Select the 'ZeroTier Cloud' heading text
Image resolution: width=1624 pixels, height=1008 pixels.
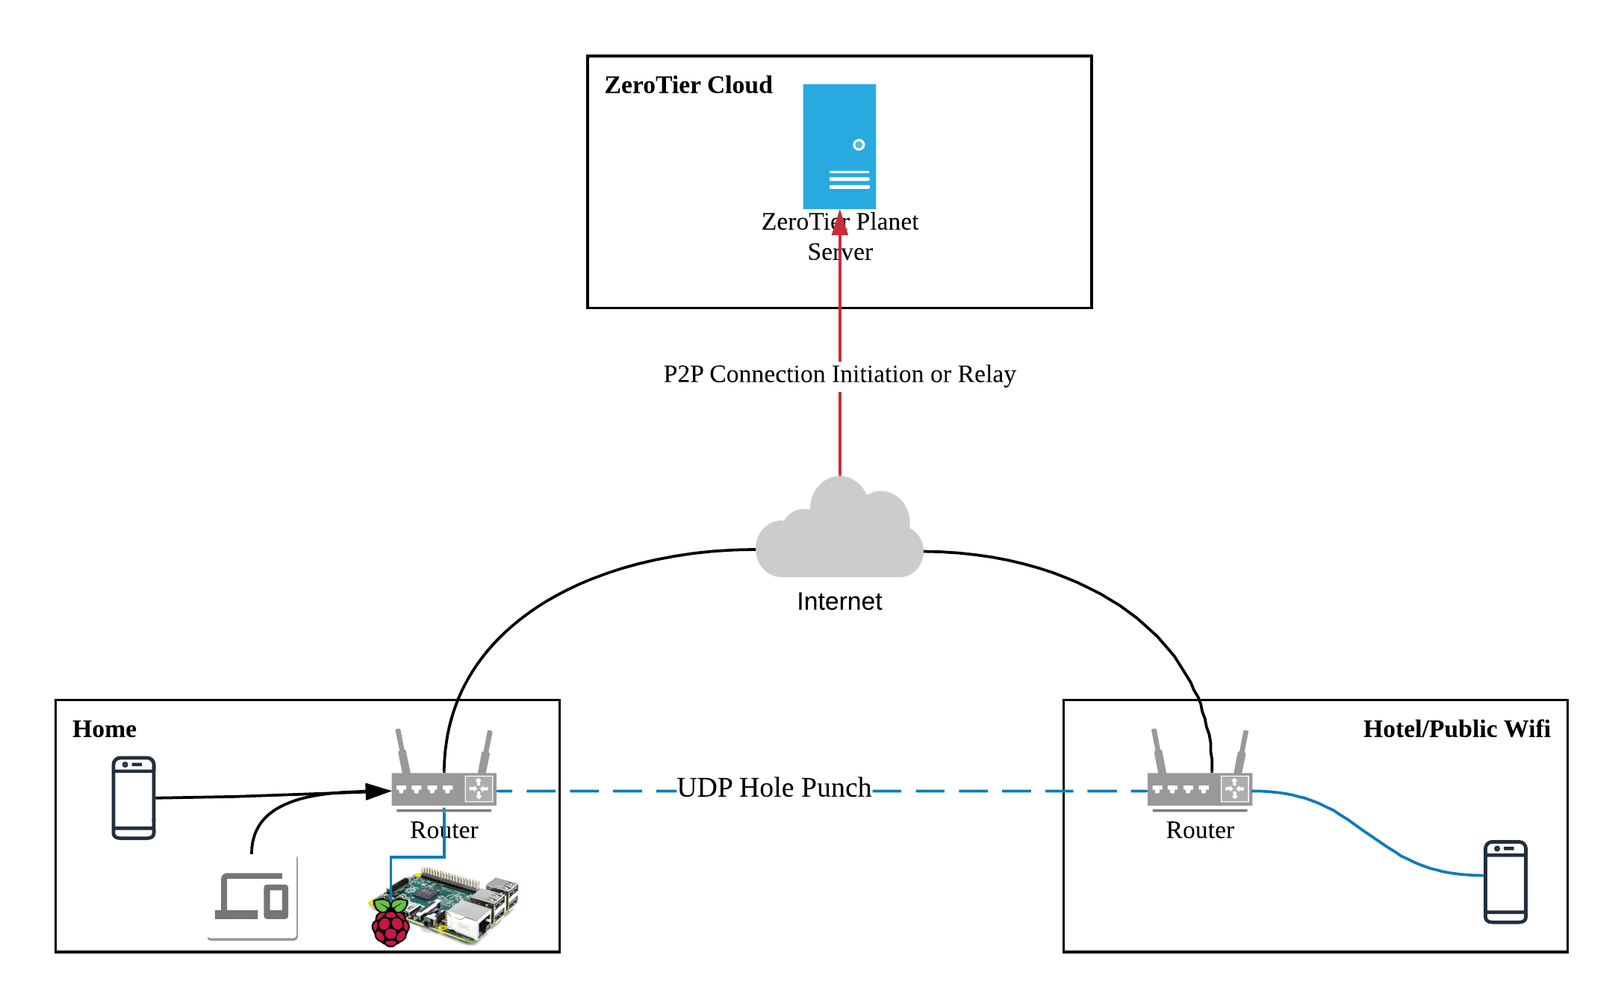688,85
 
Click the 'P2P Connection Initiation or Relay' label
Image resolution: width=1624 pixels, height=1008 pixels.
839,374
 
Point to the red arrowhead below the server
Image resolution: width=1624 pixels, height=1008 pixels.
840,223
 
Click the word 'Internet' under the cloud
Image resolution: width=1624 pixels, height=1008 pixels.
839,601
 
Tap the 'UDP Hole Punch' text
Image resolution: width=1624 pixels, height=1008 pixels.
774,788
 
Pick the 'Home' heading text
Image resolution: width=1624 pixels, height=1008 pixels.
104,729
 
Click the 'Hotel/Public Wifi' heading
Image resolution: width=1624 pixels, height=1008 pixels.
1456,729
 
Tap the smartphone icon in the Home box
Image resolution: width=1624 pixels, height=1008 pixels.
134,797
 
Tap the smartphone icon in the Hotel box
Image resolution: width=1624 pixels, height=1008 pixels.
1505,882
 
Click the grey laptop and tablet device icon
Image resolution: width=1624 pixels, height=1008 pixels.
252,897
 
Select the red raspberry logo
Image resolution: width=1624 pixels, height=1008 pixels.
390,924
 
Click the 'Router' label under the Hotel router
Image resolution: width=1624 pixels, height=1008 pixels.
1199,830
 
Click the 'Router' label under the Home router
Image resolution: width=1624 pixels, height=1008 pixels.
444,830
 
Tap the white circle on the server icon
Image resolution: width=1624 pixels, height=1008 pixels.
859,145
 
